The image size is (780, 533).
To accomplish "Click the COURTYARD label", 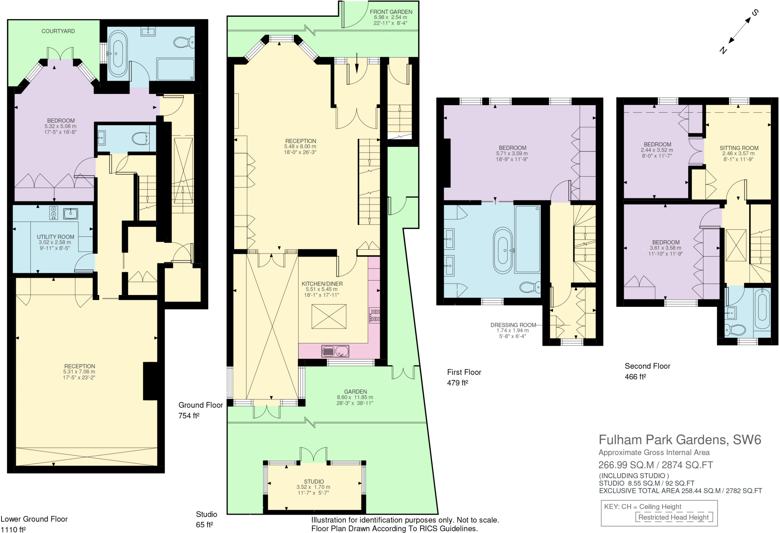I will point(58,31).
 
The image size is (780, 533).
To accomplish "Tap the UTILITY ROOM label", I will point(55,237).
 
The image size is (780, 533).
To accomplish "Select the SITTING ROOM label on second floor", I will point(738,148).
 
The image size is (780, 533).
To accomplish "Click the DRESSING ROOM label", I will point(513,325).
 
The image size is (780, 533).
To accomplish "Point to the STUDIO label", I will point(314,482).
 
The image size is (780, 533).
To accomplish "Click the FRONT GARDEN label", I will point(391,12).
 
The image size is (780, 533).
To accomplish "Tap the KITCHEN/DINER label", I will point(322,284).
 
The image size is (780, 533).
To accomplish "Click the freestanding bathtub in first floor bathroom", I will point(503,251).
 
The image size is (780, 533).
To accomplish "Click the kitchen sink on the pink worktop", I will point(335,351).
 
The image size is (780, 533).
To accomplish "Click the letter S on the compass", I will point(754,13).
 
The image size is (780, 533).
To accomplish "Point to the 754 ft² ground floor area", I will point(189,416).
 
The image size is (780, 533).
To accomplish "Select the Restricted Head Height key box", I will point(673,517).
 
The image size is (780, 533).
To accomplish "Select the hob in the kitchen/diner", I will point(374,316).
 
